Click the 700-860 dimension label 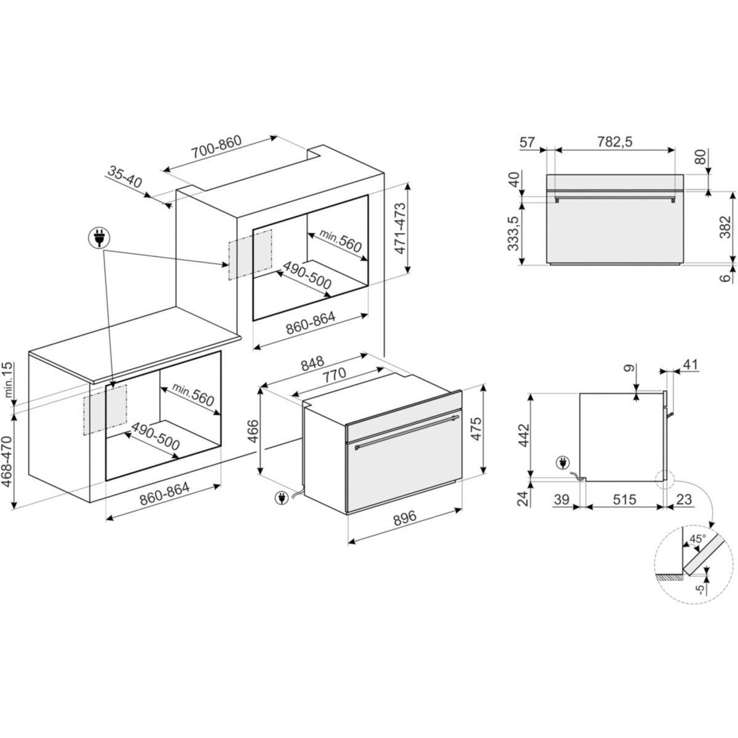pos(217,147)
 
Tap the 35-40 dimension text pos(125,177)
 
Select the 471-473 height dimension pos(400,228)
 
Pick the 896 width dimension pos(405,517)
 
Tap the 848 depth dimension pos(312,363)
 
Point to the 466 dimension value pos(253,431)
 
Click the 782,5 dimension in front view pos(615,142)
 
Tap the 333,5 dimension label pos(513,233)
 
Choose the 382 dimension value pos(725,227)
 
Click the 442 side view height pos(523,435)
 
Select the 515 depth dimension pos(625,499)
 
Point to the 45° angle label pos(697,539)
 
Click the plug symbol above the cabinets pos(99,238)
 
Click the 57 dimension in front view pos(527,142)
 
